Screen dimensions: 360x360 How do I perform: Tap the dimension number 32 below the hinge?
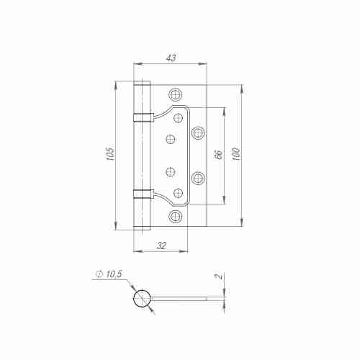[x=161, y=246]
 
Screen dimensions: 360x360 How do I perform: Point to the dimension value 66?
[x=217, y=155]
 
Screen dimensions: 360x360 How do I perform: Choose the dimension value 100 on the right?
[x=235, y=155]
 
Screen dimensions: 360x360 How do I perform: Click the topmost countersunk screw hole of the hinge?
[x=174, y=94]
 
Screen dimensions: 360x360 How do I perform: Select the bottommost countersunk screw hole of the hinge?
[x=174, y=216]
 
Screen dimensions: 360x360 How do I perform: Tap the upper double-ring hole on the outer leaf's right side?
[x=199, y=132]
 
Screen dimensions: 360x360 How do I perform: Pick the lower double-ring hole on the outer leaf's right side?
[x=199, y=177]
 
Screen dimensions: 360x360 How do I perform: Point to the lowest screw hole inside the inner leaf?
[x=179, y=192]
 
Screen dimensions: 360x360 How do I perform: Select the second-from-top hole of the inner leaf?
[x=171, y=138]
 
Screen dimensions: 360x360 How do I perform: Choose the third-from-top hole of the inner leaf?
[x=171, y=171]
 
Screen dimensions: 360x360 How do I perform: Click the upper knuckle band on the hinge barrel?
[x=142, y=117]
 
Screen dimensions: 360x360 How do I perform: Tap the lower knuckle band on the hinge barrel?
[x=142, y=192]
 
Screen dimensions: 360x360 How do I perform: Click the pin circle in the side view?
[x=143, y=298]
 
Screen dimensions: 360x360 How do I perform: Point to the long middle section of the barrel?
[x=142, y=155]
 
